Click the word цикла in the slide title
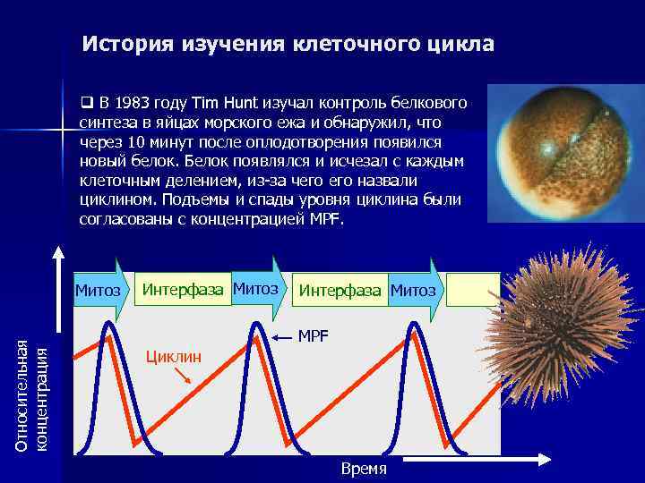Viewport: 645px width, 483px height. (x=462, y=44)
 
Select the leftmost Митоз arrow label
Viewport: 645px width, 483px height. (x=99, y=290)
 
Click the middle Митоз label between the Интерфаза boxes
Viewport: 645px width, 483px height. (x=254, y=289)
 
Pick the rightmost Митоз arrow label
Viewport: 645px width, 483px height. (x=413, y=291)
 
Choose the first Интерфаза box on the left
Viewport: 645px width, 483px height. (x=184, y=290)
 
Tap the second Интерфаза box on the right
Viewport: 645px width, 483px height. (x=340, y=291)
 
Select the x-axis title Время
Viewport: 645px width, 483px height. (x=364, y=469)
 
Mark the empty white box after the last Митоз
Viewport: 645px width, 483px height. (x=473, y=290)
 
